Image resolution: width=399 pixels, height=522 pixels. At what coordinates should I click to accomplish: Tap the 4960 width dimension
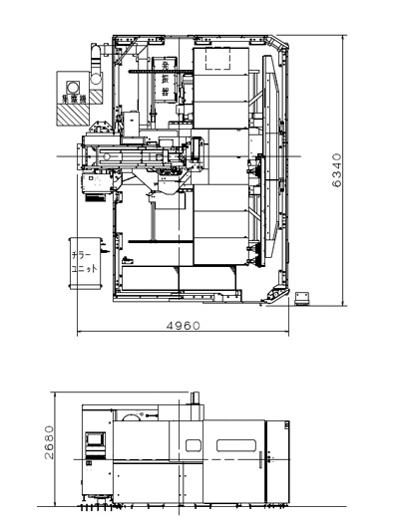point(183,326)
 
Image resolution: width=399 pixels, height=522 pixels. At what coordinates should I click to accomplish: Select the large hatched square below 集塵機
point(72,115)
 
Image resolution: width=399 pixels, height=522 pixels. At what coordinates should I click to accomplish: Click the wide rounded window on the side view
point(236,445)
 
